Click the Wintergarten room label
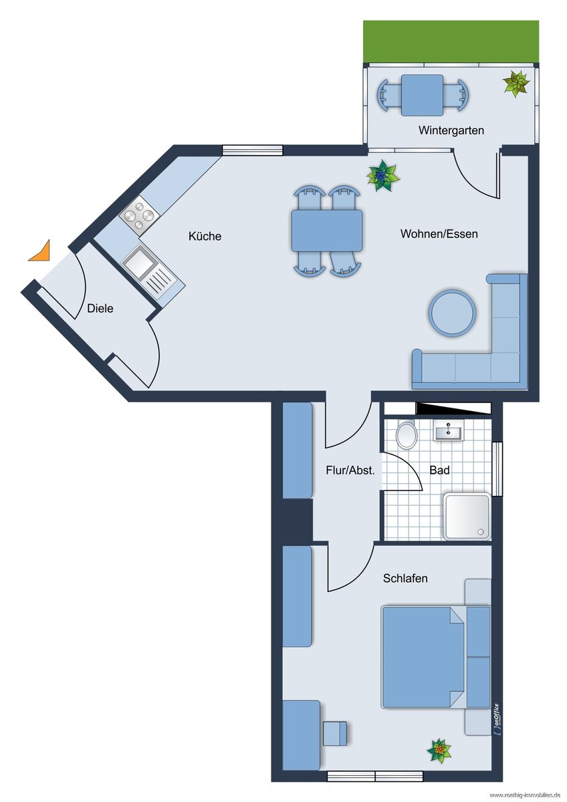451,130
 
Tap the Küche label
205,236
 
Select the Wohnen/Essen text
439,234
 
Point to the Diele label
100,308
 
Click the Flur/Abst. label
350,470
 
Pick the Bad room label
439,470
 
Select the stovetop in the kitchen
139,215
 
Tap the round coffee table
453,313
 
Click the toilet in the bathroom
407,434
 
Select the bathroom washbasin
448,430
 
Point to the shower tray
467,517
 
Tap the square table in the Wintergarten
423,95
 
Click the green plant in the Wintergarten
516,84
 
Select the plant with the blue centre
383,175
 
